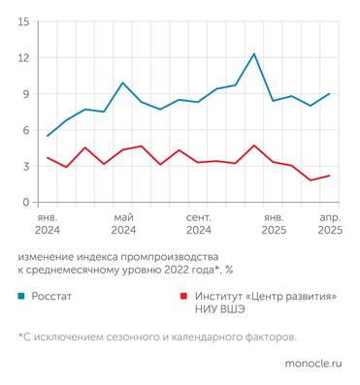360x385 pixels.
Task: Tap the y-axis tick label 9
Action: pos(25,94)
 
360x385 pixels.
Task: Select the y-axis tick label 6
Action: pos(25,130)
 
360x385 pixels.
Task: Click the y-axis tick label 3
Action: pos(25,167)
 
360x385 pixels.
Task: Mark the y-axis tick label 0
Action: pos(25,203)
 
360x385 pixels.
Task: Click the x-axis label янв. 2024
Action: pos(48,224)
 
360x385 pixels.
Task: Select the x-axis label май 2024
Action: pos(123,224)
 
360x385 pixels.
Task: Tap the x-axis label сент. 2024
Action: pos(198,224)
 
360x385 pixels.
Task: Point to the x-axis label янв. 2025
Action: pos(274,224)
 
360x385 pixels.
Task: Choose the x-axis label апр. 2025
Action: pos(330,224)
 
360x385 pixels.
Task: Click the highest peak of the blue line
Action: pos(254,53)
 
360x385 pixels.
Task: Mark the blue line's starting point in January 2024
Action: pos(48,136)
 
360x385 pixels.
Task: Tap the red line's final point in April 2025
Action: pos(330,176)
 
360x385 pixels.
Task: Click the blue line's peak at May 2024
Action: pos(123,82)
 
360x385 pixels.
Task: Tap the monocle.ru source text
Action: pos(312,364)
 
